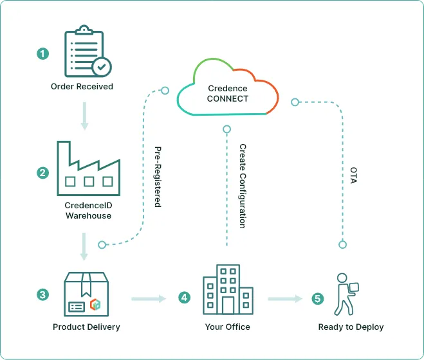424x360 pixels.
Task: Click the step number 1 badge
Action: (43, 54)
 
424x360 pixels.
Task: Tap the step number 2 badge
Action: (43, 173)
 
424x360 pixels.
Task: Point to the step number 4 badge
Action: (185, 298)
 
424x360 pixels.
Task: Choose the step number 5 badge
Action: (318, 298)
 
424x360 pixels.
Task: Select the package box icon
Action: (86, 292)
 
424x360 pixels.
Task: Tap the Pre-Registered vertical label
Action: (158, 176)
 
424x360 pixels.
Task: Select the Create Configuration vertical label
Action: (243, 186)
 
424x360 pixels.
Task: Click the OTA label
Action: (353, 176)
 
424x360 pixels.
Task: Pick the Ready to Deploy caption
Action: (351, 327)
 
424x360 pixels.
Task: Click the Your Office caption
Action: (228, 327)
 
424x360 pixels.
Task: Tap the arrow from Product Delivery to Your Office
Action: (149, 298)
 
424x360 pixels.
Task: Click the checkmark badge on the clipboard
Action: (101, 66)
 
